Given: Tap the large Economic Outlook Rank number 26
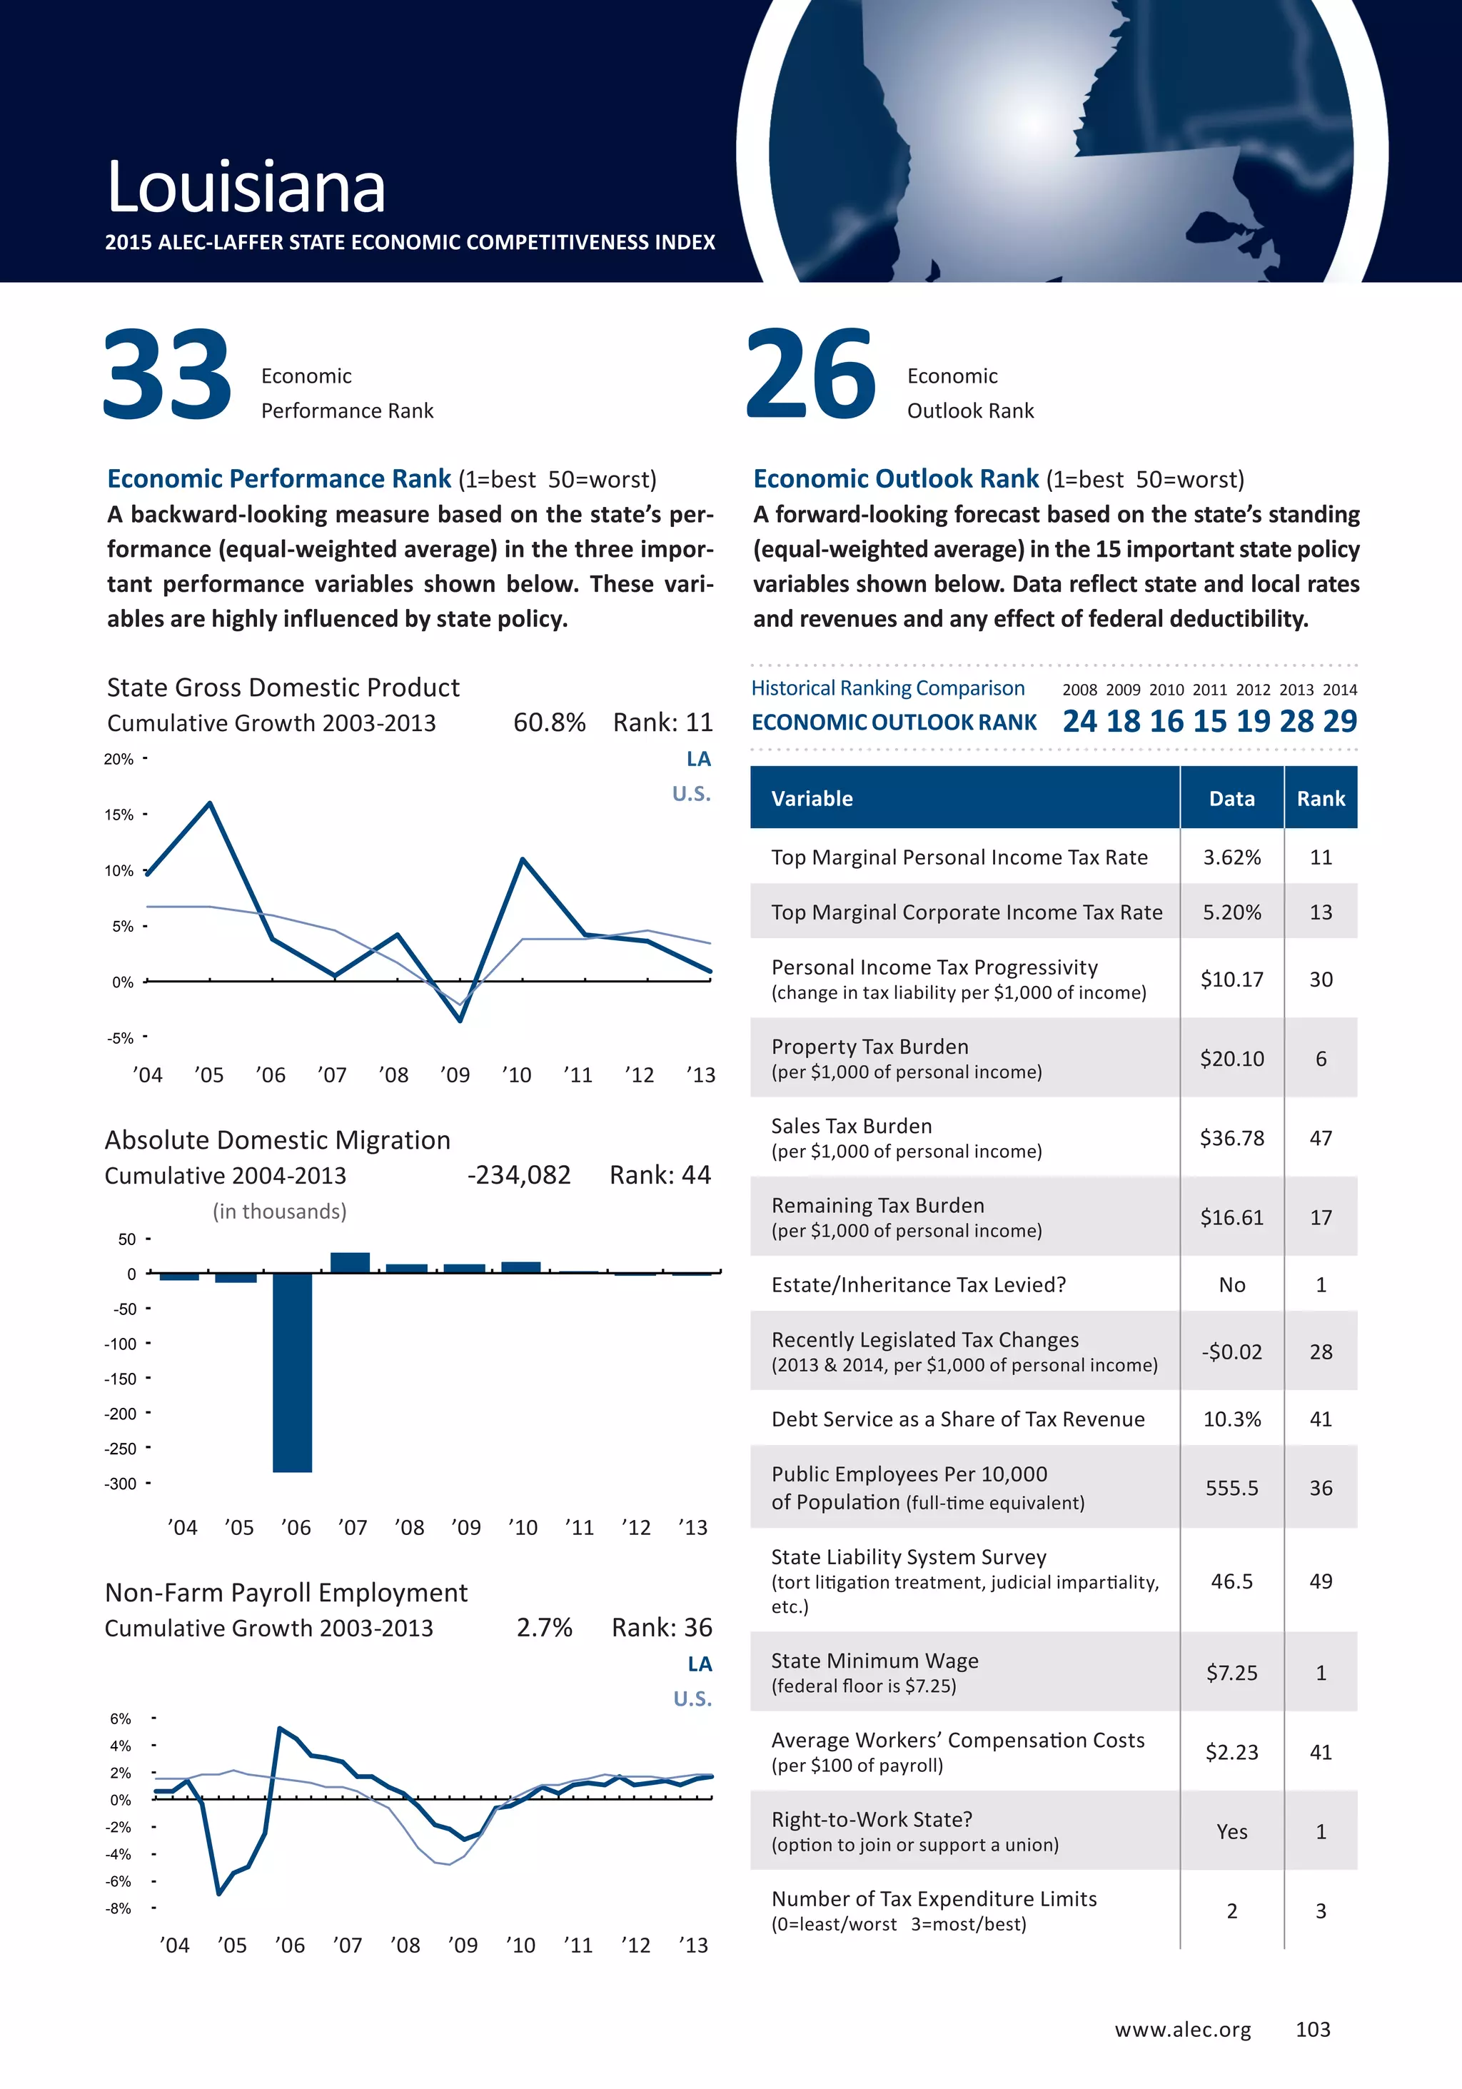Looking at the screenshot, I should tap(811, 374).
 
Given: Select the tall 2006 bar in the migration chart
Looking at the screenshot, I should tap(292, 1372).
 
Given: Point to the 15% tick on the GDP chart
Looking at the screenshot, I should tap(119, 815).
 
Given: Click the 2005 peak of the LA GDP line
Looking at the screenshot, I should tap(210, 803).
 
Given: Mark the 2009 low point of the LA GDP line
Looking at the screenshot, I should tap(460, 1020).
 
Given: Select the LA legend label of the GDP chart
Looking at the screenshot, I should tap(697, 759).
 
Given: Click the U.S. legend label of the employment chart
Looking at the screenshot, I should tap(692, 1698).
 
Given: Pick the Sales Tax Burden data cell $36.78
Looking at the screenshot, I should tap(1232, 1138).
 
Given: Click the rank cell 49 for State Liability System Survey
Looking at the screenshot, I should tap(1320, 1581).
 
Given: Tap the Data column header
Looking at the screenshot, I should tap(1232, 799).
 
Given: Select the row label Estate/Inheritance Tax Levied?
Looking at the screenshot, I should tap(918, 1284).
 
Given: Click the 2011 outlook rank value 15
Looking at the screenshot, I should tap(1209, 722).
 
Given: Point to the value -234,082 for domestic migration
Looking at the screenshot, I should tap(518, 1176).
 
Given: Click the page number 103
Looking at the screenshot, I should tap(1313, 2030).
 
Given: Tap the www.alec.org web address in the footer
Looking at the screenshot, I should tap(1183, 2030).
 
